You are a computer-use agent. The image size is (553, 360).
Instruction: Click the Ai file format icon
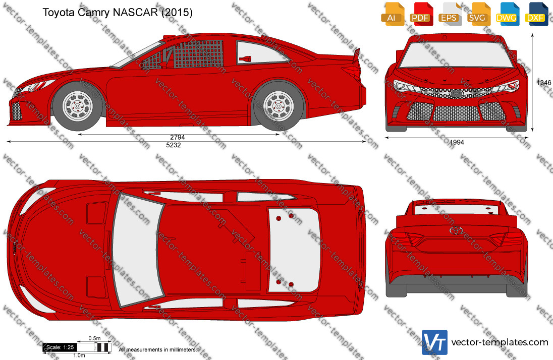pos(393,14)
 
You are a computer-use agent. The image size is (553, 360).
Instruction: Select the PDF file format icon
pos(422,14)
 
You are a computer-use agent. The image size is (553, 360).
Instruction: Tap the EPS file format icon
pos(450,14)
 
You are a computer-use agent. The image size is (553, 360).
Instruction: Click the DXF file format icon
pos(536,14)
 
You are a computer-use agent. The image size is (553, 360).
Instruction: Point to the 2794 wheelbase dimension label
pos(178,137)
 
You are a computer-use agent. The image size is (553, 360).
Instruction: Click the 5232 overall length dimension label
pos(174,145)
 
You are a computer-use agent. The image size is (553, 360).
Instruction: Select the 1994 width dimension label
pos(457,143)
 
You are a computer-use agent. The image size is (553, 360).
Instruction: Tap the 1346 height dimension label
pos(544,83)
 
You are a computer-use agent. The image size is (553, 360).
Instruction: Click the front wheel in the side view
pos(78,106)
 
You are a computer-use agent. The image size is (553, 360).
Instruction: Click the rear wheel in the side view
pos(279,106)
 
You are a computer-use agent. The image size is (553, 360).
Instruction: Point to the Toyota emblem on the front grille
pos(456,93)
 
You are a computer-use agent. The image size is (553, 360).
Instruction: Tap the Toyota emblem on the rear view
pos(456,230)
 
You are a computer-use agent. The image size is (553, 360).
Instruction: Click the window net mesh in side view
pos(199,53)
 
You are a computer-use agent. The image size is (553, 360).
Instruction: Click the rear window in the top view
pos(294,250)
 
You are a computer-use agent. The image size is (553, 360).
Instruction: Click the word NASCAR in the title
pos(135,12)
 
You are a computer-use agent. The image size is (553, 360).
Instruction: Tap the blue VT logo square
pos(434,342)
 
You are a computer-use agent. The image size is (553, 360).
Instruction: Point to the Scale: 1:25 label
pos(60,347)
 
